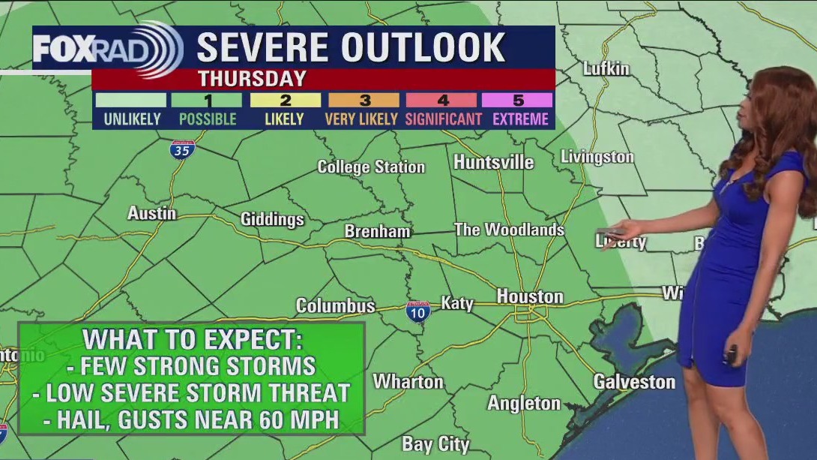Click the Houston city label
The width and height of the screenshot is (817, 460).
click(x=530, y=296)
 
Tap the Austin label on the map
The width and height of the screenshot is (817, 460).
click(x=151, y=213)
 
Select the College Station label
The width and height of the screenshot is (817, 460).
click(x=371, y=167)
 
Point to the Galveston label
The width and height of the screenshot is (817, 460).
click(x=634, y=381)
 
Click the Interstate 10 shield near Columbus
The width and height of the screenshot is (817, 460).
click(x=418, y=311)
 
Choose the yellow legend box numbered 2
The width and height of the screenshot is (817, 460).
click(x=285, y=100)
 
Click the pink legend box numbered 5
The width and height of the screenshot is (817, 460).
click(x=517, y=100)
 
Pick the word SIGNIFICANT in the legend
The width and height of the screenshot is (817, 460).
click(x=443, y=119)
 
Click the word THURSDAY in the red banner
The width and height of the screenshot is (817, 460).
click(x=252, y=79)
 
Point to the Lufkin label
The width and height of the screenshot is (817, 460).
click(x=606, y=68)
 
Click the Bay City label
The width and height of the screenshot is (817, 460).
click(x=435, y=444)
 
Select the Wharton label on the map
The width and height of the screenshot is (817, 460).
click(x=408, y=381)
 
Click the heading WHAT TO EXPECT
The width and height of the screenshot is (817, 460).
click(x=193, y=339)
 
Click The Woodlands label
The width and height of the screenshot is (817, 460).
click(x=509, y=230)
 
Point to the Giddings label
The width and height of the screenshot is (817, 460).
click(x=272, y=219)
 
